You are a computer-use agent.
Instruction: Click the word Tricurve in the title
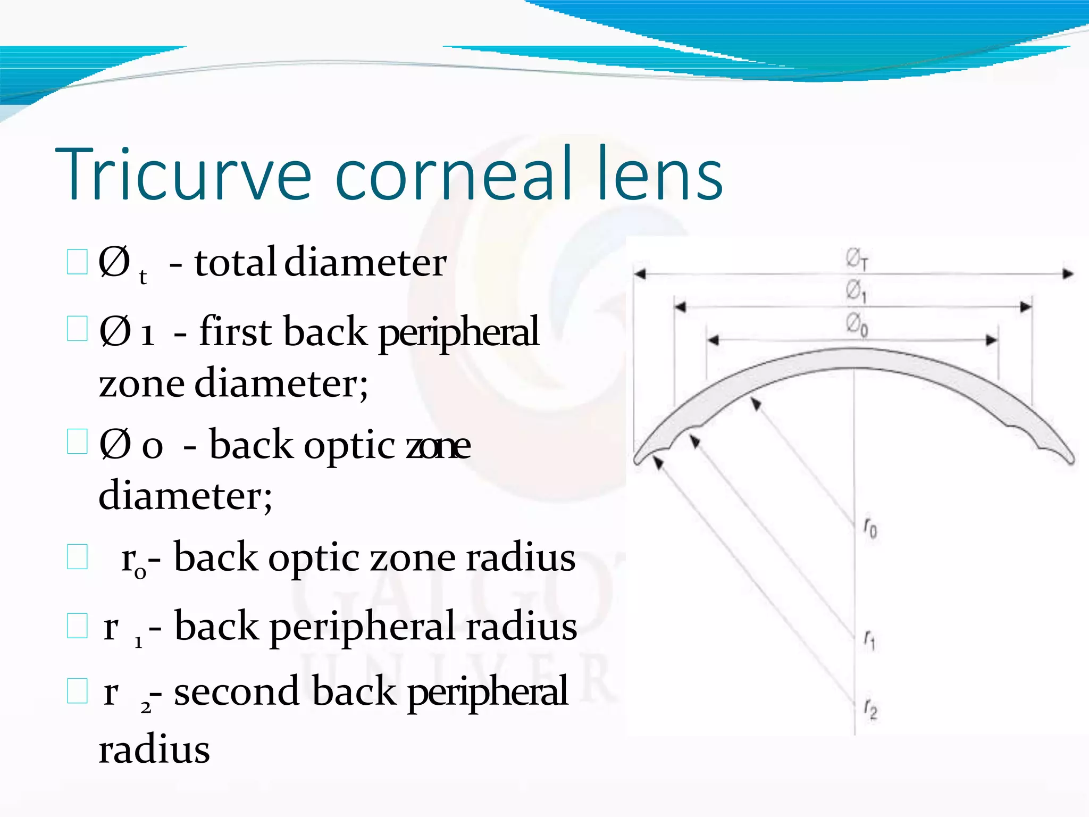coord(183,174)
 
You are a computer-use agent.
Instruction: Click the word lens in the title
coord(659,174)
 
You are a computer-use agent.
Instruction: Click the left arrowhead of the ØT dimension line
coord(640,274)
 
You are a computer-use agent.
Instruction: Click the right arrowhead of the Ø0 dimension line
coord(992,340)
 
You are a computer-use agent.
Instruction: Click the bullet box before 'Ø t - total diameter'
coord(78,262)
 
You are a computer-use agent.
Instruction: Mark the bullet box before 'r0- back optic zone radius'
coord(78,557)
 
